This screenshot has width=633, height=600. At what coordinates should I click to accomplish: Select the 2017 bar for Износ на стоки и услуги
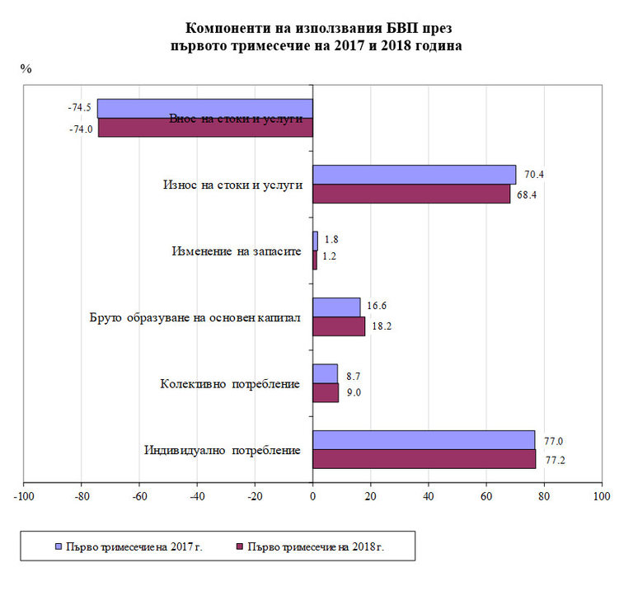click(414, 175)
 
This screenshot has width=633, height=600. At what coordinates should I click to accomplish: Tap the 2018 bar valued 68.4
click(410, 194)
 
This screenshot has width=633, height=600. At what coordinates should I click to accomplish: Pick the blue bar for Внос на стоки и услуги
click(204, 109)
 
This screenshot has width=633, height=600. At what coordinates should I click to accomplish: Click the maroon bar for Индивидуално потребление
click(424, 459)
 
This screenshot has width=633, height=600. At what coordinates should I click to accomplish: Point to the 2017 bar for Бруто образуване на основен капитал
click(336, 307)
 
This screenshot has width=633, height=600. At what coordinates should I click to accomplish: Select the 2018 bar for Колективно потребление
click(326, 392)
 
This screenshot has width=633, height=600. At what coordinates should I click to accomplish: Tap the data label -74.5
click(79, 108)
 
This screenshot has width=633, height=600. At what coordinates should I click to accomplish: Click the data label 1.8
click(331, 239)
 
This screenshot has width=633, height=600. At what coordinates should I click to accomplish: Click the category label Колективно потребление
click(230, 384)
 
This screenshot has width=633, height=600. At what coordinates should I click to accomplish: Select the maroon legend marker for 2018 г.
click(240, 546)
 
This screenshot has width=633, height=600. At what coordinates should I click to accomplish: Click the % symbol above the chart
click(26, 68)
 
